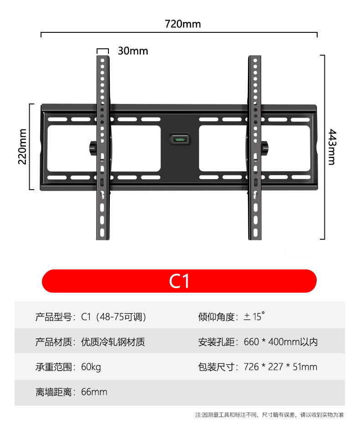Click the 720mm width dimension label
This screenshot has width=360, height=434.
182,24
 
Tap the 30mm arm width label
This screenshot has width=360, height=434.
133,51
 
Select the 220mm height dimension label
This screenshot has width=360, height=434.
22,146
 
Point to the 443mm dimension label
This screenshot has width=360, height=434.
332,147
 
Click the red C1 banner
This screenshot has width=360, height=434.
179,281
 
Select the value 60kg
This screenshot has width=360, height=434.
91,367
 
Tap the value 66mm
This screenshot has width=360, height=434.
94,392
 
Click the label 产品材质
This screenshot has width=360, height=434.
53,342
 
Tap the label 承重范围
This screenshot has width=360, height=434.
53,367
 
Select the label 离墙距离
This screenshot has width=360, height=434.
53,392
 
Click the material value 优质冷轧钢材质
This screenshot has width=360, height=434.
113,342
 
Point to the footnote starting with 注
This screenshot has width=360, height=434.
269,415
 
